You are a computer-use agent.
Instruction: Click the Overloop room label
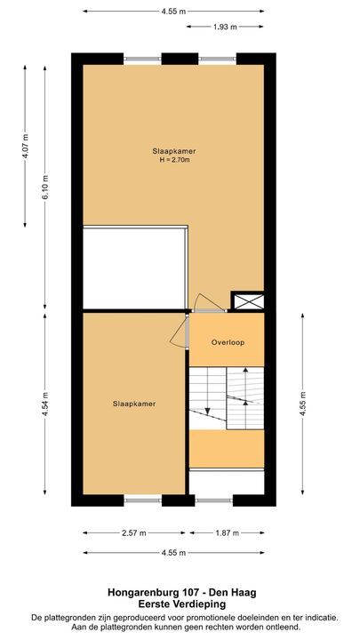(x=228, y=342)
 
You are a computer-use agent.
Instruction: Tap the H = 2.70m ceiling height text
(x=173, y=161)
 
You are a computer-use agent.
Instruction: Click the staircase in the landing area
(x=227, y=396)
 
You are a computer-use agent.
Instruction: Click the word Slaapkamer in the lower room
(x=134, y=404)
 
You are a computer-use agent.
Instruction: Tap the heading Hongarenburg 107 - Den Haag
(x=180, y=590)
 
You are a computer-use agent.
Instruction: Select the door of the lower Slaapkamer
(x=187, y=332)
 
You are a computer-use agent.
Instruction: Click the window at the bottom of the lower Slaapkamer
(x=143, y=500)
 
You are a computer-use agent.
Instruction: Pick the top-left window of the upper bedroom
(x=143, y=60)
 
